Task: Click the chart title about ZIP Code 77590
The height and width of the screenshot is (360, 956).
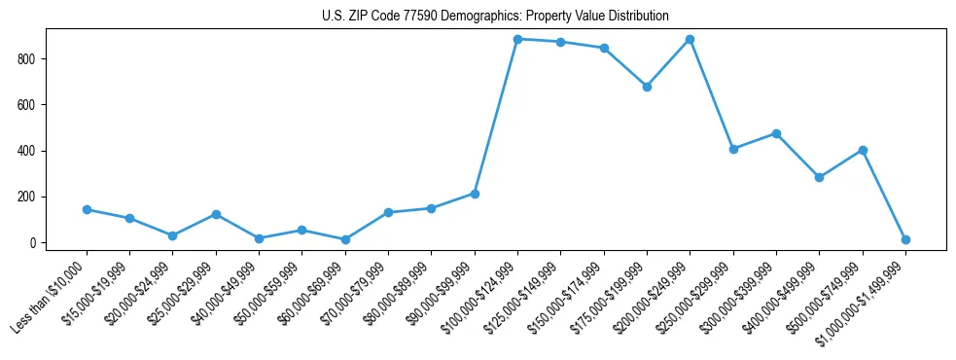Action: pyautogui.click(x=495, y=17)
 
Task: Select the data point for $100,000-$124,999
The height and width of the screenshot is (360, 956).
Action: pyautogui.click(x=517, y=39)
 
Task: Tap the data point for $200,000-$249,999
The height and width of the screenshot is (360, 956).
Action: pyautogui.click(x=690, y=39)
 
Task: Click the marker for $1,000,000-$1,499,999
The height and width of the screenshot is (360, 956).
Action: pyautogui.click(x=905, y=239)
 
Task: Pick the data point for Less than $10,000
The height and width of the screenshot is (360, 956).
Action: pyautogui.click(x=87, y=209)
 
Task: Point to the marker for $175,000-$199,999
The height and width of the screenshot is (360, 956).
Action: pyautogui.click(x=647, y=87)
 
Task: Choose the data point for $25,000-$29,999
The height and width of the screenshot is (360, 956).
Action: pyautogui.click(x=216, y=214)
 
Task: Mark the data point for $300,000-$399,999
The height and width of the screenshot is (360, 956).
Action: pyautogui.click(x=776, y=133)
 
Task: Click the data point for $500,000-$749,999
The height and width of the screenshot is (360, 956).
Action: pyautogui.click(x=863, y=150)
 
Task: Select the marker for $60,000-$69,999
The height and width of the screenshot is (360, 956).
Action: pyautogui.click(x=345, y=239)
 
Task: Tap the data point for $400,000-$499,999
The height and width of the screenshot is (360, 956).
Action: pyautogui.click(x=819, y=177)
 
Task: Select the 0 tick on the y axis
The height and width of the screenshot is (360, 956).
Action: pyautogui.click(x=42, y=242)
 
